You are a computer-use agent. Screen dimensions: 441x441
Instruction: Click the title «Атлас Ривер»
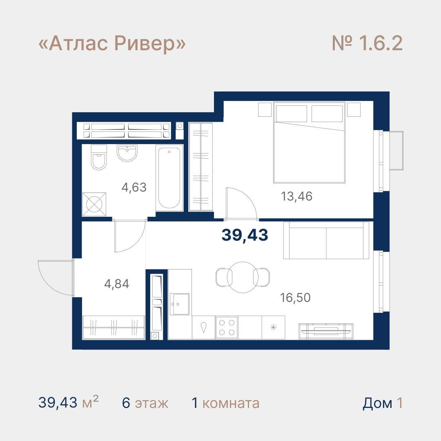[112, 44]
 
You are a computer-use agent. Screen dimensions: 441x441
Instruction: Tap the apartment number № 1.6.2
[367, 43]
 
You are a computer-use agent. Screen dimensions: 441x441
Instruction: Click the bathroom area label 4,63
[134, 187]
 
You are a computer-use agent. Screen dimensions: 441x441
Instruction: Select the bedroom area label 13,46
[296, 196]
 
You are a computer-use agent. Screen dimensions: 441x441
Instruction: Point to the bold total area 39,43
[245, 235]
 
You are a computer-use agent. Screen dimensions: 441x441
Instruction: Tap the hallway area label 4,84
[116, 284]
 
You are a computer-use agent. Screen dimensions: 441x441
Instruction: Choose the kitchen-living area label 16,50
[295, 297]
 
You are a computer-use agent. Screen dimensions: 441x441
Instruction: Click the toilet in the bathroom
[99, 157]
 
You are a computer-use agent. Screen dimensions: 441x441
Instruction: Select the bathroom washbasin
[127, 153]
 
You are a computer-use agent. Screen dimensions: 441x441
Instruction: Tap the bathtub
[169, 178]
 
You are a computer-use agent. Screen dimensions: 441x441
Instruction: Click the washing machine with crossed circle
[94, 205]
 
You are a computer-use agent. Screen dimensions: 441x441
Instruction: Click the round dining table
[243, 277]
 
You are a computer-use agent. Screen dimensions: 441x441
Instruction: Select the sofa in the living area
[326, 240]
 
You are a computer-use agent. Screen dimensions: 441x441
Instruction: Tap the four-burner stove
[227, 327]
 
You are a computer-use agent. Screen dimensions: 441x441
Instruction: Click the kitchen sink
[179, 304]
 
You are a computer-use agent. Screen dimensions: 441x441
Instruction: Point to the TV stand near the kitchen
[326, 331]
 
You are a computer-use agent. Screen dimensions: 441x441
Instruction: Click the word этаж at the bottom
[151, 403]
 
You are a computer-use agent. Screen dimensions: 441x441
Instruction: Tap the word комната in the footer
[231, 403]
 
